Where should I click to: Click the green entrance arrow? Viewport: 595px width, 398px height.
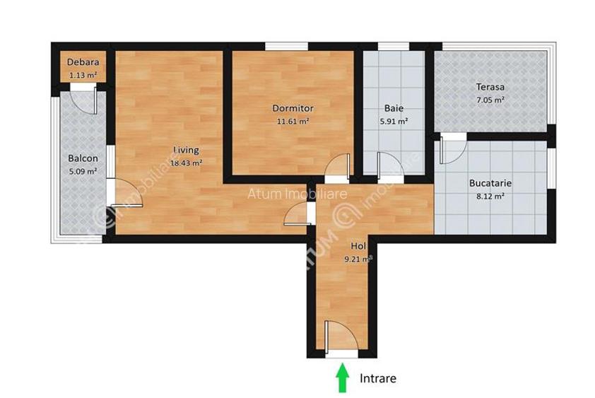pos(343,377)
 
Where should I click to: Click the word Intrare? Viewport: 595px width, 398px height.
pos(378,378)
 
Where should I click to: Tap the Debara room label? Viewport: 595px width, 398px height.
pos(82,62)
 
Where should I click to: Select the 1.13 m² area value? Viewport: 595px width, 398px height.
pos(82,74)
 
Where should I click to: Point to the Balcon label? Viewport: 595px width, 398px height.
pos(83,158)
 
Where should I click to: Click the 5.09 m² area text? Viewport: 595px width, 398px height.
pos(83,170)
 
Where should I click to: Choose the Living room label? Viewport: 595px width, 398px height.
pos(187,150)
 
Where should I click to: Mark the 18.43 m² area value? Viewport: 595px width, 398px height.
pos(187,162)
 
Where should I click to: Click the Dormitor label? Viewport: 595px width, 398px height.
pos(293,108)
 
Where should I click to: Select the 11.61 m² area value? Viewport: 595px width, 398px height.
pos(293,121)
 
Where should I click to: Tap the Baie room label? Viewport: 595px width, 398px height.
pos(394,108)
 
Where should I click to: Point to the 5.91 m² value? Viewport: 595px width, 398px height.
pos(394,121)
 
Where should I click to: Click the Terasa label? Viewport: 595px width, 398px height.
pos(490,87)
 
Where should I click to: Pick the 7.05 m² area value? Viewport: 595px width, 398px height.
pos(490,100)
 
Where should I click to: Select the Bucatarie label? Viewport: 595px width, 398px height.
pos(490,182)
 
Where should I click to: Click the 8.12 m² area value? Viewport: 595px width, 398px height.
pos(490,196)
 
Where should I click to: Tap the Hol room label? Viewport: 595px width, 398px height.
pos(358,246)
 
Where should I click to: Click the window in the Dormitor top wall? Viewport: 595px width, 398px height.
pos(287,47)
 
